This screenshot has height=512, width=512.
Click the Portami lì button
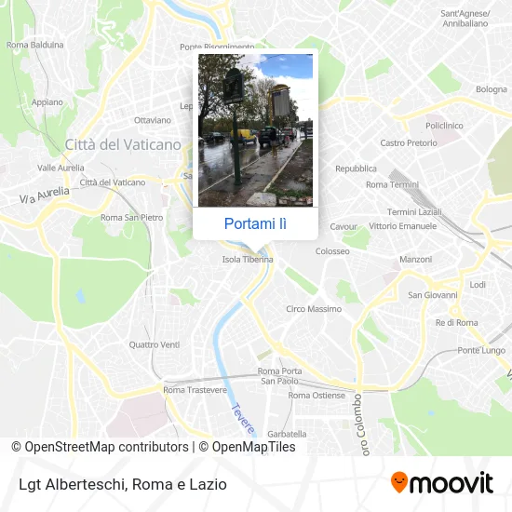click(255, 223)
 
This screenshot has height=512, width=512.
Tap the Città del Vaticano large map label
click(123, 144)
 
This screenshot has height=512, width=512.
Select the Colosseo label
click(332, 251)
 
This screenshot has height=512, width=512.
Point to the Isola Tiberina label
click(248, 260)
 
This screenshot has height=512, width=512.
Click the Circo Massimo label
click(313, 309)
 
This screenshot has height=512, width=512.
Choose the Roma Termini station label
click(392, 184)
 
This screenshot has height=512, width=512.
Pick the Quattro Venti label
click(155, 344)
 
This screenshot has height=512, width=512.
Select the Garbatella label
click(287, 434)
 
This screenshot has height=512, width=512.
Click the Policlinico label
click(444, 125)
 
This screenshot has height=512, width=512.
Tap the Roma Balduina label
click(35, 44)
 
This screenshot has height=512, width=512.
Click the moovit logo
click(442, 482)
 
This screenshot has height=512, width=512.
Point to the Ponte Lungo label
click(480, 350)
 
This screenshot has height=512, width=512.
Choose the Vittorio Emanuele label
click(402, 226)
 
